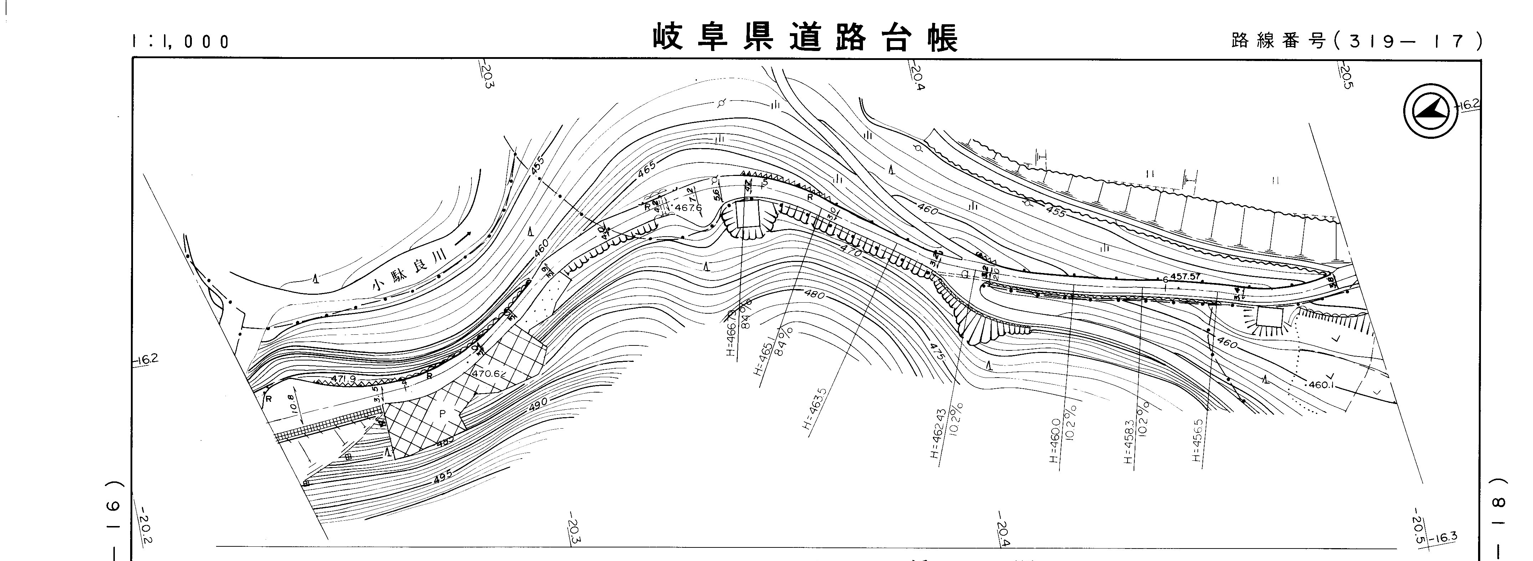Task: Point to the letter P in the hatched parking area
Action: click(x=442, y=413)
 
